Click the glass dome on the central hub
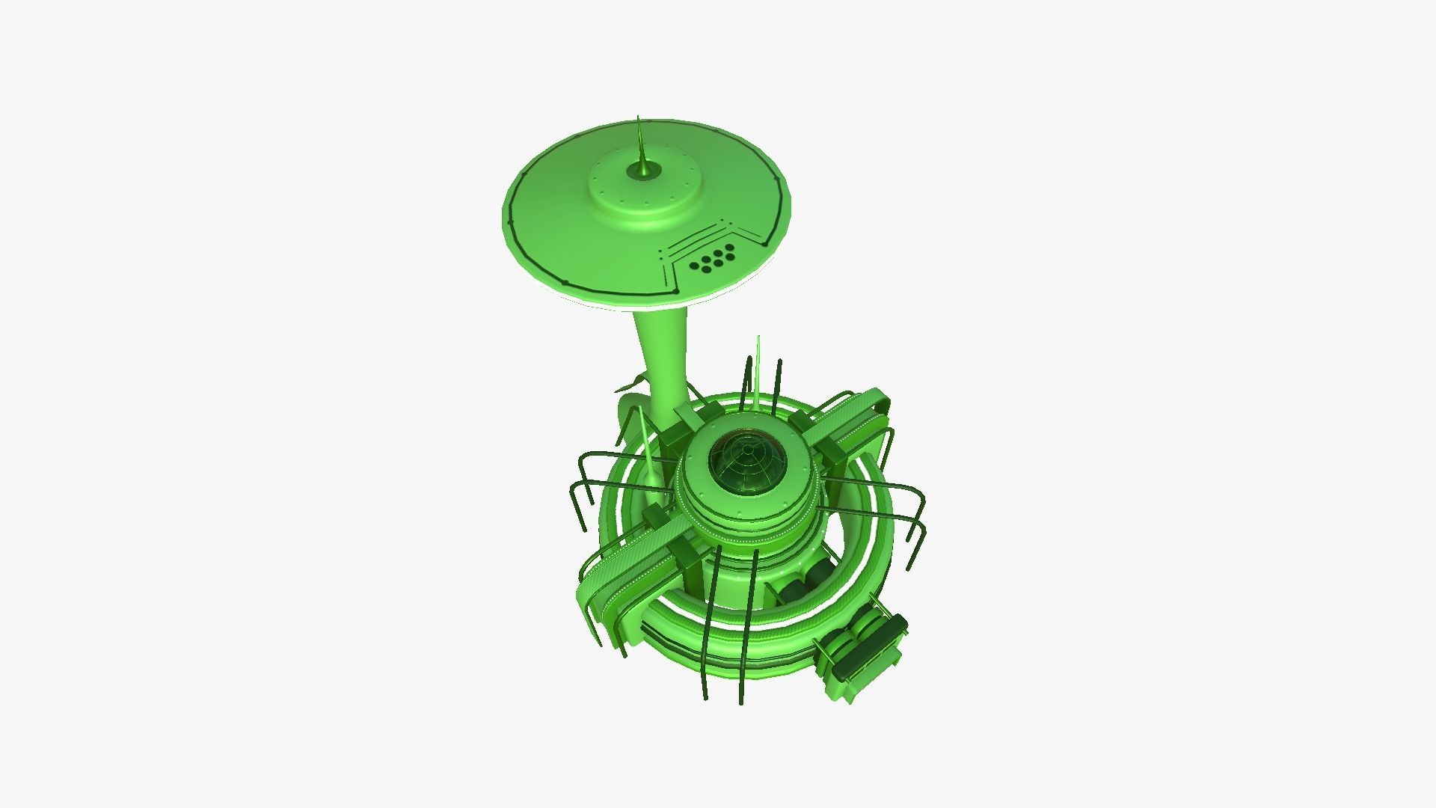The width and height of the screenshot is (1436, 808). (x=748, y=464)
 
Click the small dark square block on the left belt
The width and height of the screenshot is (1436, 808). (x=652, y=515)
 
